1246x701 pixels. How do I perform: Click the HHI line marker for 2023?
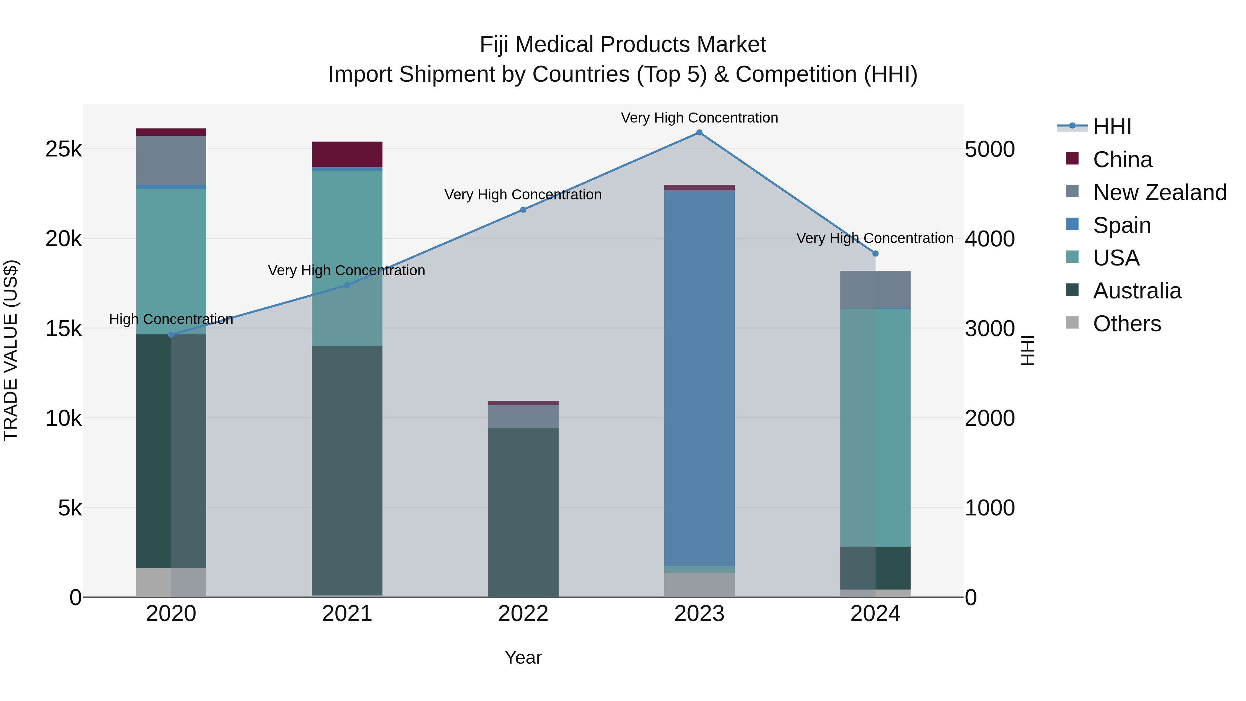[699, 133]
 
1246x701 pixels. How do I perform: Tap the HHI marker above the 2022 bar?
[523, 209]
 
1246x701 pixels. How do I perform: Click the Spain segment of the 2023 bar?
[699, 377]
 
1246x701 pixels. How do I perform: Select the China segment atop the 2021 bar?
[347, 154]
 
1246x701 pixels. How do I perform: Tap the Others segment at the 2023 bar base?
[699, 584]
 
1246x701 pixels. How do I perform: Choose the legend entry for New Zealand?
[1159, 192]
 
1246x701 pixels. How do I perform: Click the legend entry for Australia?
[1137, 291]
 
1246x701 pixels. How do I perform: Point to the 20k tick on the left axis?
[64, 239]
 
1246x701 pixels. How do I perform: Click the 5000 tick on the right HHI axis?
[990, 149]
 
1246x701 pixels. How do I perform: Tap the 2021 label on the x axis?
[347, 614]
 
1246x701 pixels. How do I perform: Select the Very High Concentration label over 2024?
[875, 238]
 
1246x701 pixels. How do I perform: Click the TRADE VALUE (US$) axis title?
[11, 350]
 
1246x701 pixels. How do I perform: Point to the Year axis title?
[523, 657]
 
